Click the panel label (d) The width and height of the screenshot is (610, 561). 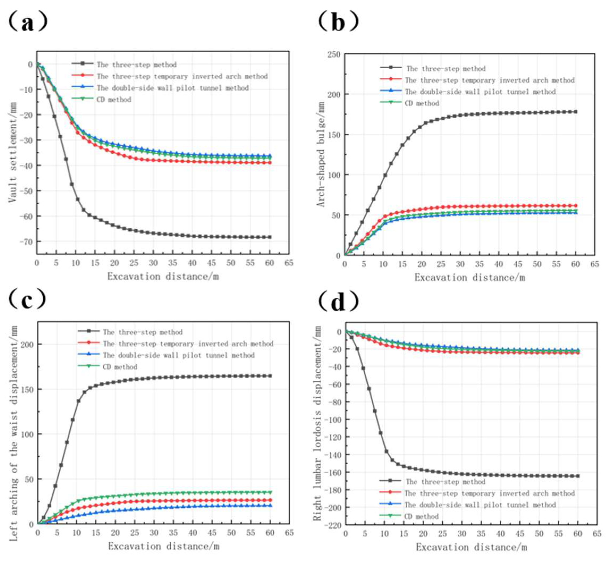338,302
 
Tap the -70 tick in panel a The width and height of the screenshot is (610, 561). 26,242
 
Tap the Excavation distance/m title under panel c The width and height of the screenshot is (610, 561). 164,546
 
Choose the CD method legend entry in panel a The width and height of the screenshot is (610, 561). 114,100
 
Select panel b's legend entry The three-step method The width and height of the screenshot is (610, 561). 446,69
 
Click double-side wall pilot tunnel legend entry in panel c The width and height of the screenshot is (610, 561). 179,355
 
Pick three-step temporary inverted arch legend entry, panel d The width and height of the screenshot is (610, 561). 489,493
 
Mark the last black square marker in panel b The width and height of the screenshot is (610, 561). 575,112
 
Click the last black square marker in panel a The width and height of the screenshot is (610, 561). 270,237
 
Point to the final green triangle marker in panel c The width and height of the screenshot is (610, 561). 270,492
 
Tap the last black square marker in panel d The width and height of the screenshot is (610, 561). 578,476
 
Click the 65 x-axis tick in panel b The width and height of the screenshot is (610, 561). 594,264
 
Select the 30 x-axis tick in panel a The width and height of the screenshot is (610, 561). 153,263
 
